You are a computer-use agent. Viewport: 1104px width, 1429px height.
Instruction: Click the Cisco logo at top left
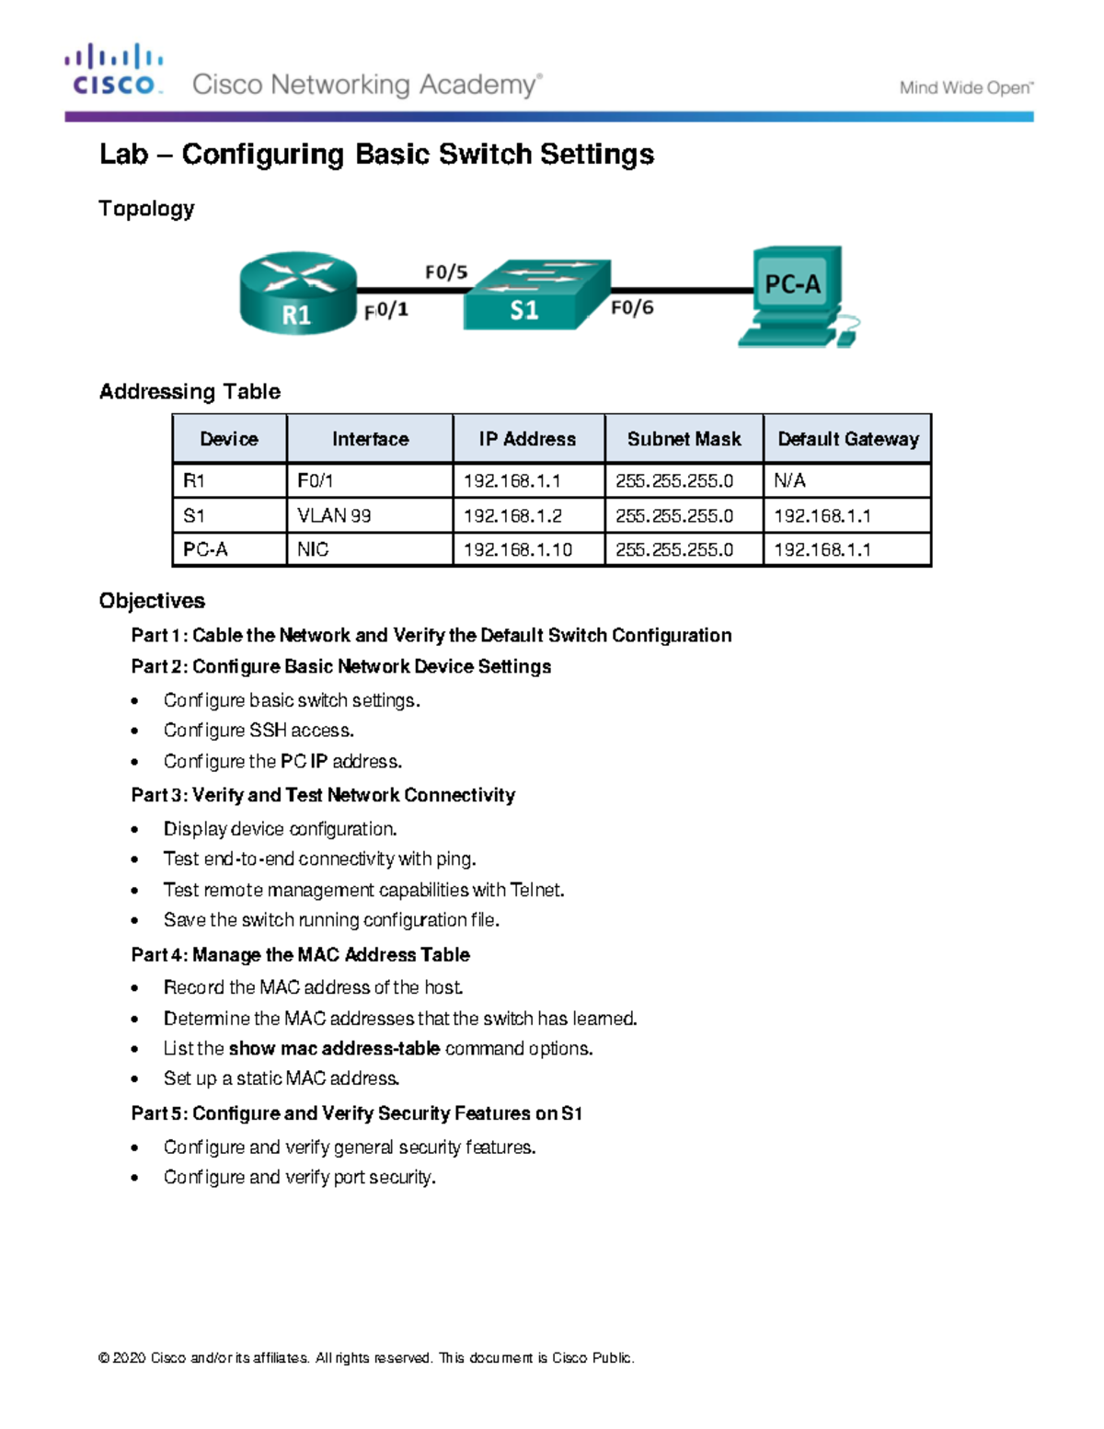(113, 70)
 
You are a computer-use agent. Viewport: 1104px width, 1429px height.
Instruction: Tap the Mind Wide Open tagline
(966, 88)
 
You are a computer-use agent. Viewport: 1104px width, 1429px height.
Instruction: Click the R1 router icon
(297, 293)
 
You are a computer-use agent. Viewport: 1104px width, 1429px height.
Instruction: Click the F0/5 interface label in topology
(445, 272)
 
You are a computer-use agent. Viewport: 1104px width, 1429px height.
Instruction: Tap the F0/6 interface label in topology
(632, 307)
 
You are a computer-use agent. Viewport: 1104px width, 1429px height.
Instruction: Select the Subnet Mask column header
(684, 439)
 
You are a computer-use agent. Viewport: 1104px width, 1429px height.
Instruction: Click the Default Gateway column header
(847, 439)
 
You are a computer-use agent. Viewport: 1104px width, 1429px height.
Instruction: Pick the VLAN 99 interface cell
(334, 515)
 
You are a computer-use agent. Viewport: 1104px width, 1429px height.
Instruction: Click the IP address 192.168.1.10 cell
(517, 549)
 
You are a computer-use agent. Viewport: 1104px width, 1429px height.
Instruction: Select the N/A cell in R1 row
(789, 480)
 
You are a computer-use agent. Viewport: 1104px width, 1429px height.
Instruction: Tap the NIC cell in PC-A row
(313, 549)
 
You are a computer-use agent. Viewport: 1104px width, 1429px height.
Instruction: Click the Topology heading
(146, 209)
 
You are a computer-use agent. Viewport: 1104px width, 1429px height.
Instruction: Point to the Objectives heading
(152, 601)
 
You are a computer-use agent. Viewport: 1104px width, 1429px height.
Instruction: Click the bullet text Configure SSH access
(259, 731)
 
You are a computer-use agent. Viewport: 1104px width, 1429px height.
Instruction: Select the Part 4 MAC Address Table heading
(300, 954)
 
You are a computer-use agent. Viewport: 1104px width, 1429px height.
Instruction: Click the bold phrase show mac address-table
(334, 1049)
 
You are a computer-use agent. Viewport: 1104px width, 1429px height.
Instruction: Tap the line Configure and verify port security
(299, 1177)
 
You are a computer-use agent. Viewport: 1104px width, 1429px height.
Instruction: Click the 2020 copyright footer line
(366, 1358)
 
